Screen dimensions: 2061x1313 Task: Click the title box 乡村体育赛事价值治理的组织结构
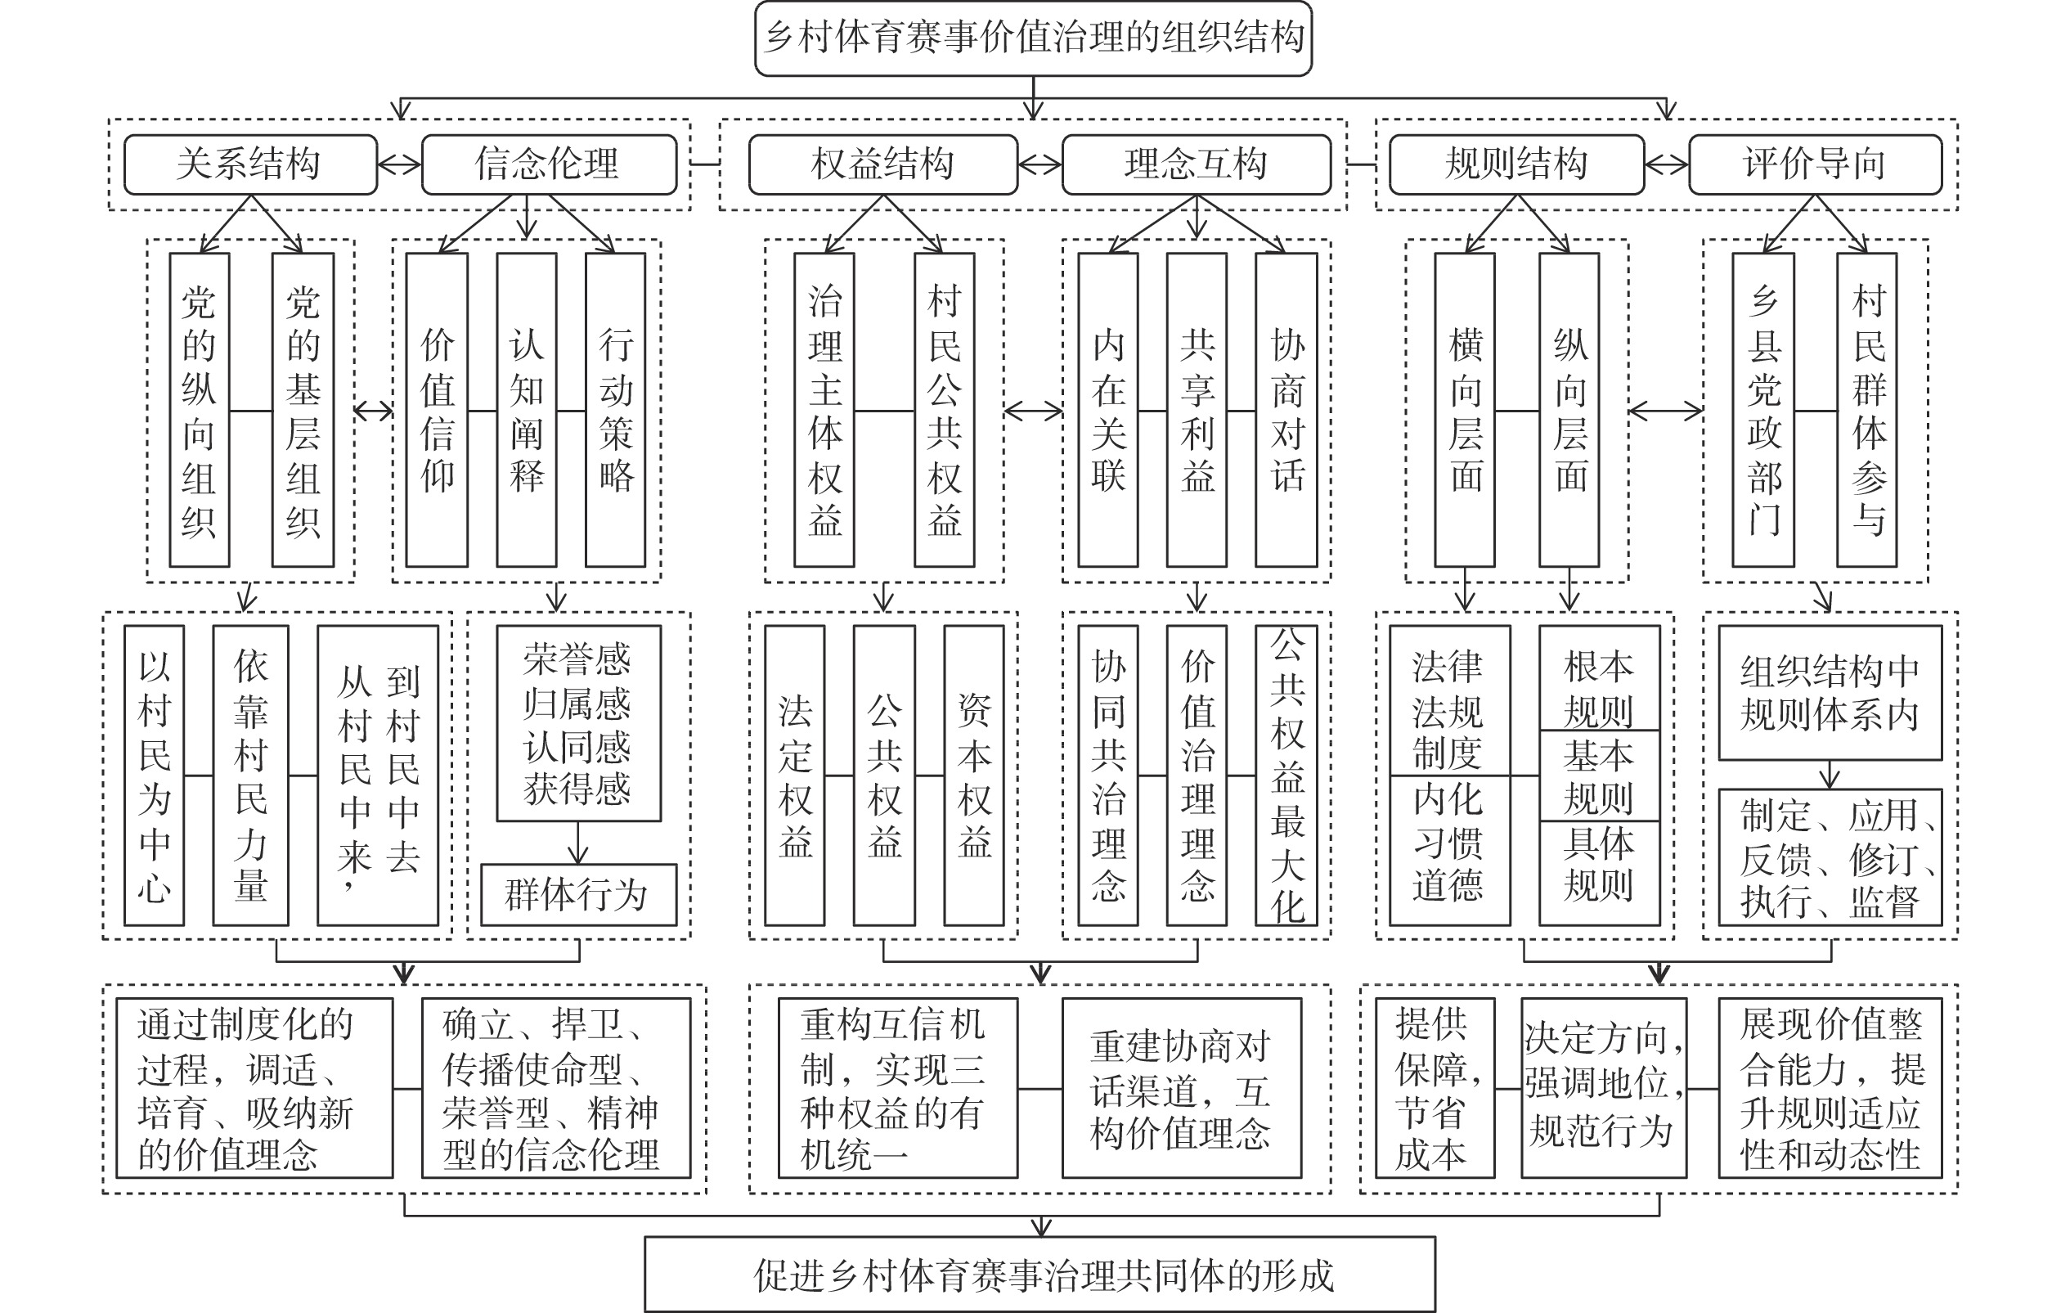pos(1033,38)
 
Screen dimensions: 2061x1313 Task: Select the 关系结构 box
pos(250,164)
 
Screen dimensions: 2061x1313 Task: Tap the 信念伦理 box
pos(549,164)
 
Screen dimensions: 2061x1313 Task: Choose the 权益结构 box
pos(883,164)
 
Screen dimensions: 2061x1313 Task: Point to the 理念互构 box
pos(1197,164)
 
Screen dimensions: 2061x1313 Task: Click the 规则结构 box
pos(1516,164)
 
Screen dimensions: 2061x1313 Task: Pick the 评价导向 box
pos(1816,164)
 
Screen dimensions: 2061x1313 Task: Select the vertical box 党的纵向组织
pos(200,410)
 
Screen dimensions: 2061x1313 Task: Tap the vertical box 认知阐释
pos(527,410)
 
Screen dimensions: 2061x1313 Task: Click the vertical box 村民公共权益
pos(944,410)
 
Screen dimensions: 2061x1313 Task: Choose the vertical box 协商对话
pos(1286,410)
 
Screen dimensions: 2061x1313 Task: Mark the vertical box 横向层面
pos(1466,410)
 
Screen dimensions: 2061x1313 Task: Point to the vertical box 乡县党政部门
pos(1763,410)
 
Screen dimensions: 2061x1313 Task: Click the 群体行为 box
pos(578,895)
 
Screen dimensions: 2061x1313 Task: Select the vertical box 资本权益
pos(974,776)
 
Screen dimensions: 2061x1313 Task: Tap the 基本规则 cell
pos(1600,776)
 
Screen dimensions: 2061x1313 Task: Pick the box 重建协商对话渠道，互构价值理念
pos(1182,1089)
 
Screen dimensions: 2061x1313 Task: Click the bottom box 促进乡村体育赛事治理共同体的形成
pos(1040,1275)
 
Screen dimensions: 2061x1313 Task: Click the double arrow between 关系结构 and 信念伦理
pos(400,164)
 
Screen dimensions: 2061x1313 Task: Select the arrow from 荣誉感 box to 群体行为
pos(578,843)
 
